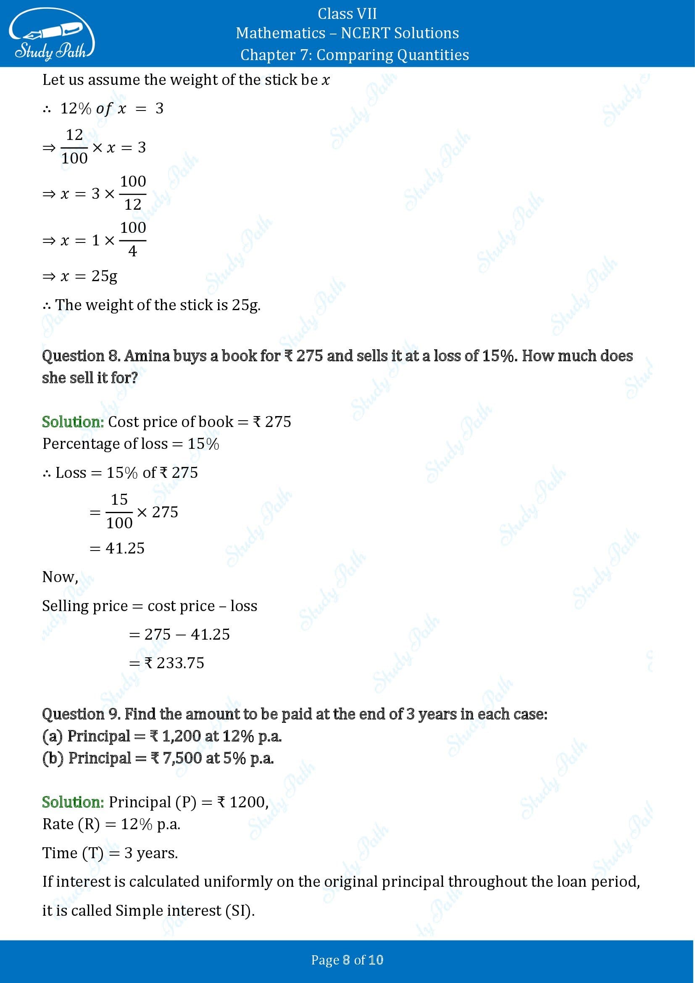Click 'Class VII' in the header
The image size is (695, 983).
(x=347, y=14)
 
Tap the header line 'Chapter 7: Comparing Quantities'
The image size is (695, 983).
(x=354, y=55)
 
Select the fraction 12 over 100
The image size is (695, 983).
(x=74, y=147)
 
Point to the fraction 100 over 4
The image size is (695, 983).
(x=133, y=239)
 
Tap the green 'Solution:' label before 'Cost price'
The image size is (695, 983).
(x=73, y=422)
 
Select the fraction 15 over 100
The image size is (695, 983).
(x=119, y=511)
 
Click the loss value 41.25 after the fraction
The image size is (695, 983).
(x=125, y=548)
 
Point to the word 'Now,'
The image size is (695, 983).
(x=61, y=577)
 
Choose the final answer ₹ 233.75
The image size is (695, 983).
(x=174, y=663)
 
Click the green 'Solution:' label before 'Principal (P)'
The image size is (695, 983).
(x=73, y=802)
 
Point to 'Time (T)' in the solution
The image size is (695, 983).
(x=73, y=853)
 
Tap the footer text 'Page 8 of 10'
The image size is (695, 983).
(x=347, y=960)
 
